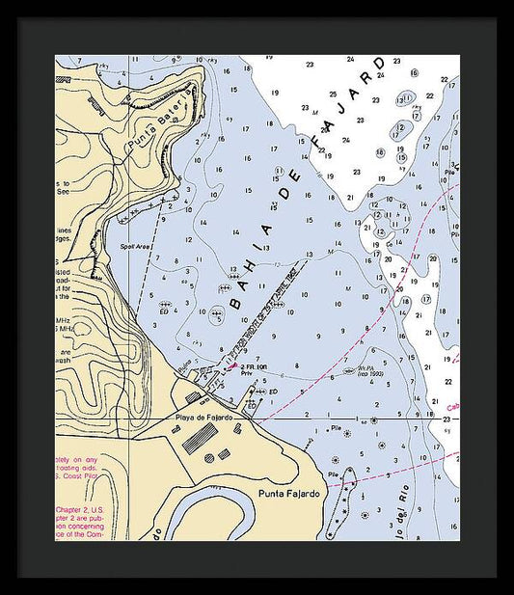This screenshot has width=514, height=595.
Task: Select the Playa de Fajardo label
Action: [x=205, y=417]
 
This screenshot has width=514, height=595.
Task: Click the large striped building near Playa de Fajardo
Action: [x=199, y=438]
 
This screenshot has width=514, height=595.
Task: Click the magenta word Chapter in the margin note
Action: [x=72, y=508]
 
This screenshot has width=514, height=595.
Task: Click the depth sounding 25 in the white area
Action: [x=332, y=95]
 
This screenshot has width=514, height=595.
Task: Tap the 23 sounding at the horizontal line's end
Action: [x=446, y=419]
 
